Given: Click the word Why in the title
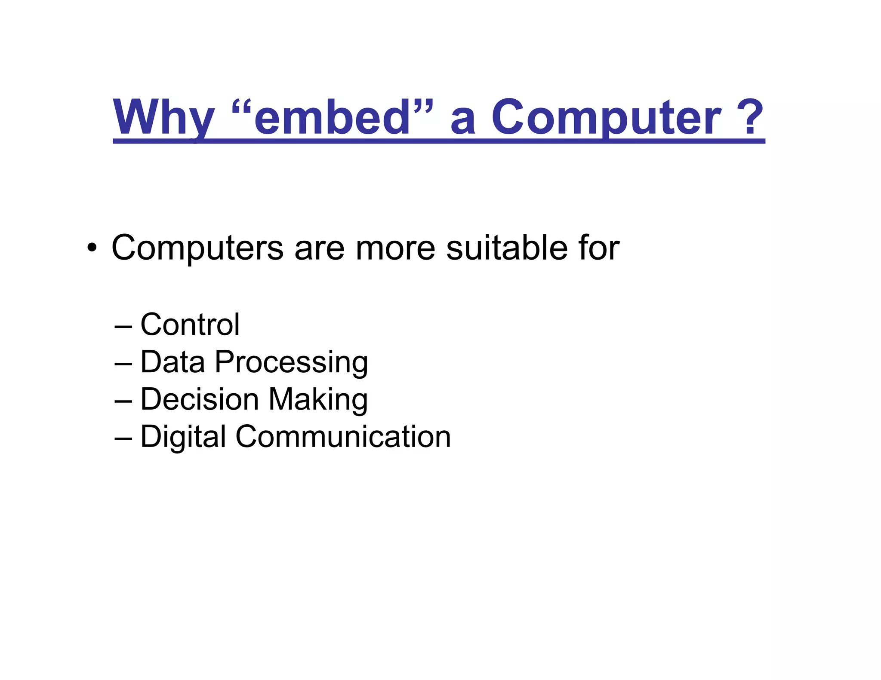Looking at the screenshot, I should coord(163,117).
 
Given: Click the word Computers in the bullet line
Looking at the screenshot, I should coord(197,248).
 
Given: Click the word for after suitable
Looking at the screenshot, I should coord(598,248).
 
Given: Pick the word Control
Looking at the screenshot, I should coord(190,325).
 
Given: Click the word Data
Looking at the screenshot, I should coord(173,362).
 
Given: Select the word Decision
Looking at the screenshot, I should coord(199,399).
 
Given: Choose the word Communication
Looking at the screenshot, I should coord(343,437).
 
